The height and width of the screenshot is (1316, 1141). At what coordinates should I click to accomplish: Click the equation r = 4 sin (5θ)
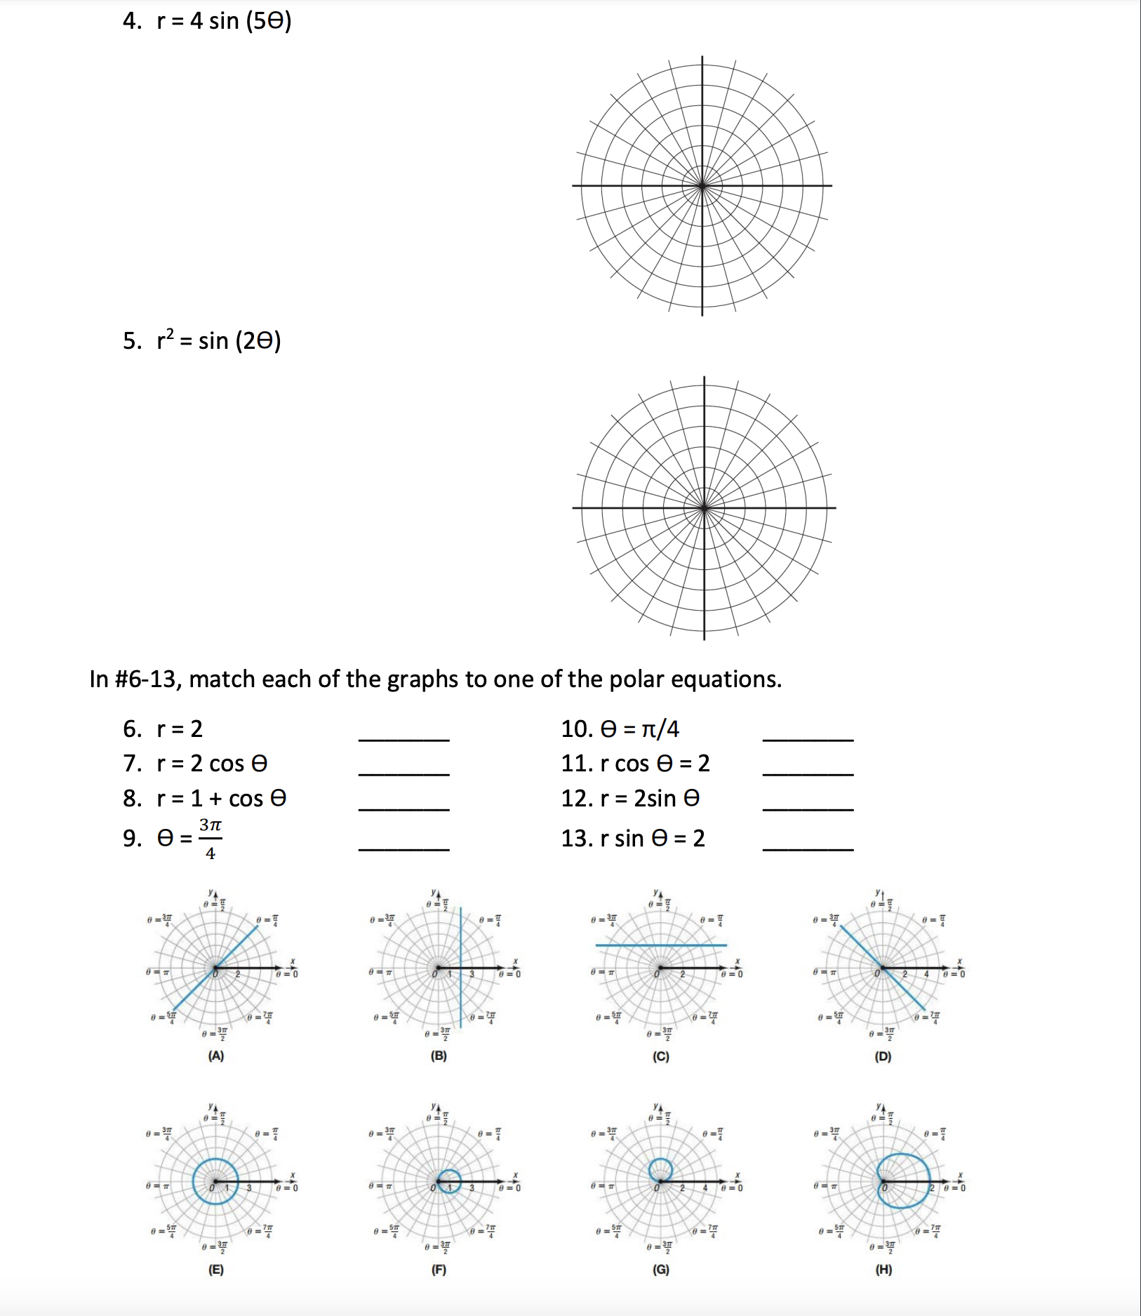click(223, 21)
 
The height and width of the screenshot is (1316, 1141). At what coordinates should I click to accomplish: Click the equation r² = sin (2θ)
click(218, 341)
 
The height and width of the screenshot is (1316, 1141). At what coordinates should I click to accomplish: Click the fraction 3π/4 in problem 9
click(210, 839)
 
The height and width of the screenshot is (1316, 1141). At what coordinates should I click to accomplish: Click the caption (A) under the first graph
click(215, 1056)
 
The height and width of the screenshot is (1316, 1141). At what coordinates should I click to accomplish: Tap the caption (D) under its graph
click(883, 1056)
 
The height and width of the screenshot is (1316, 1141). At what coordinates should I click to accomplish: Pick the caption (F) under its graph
click(439, 1270)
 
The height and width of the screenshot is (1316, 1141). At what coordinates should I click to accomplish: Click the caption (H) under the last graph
click(883, 1270)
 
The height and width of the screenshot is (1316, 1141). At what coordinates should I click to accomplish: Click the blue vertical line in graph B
click(461, 933)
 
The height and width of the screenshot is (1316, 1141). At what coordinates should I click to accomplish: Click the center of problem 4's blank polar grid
click(702, 186)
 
